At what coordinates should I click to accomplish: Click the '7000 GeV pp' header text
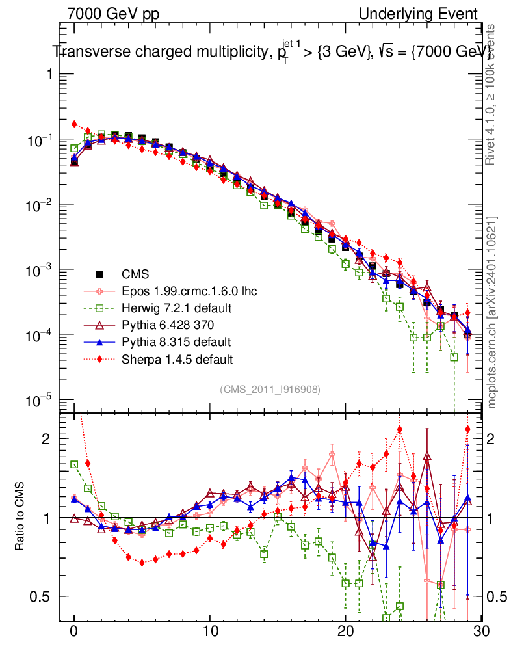tap(113, 14)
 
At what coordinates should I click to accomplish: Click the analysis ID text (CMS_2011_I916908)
tap(270, 389)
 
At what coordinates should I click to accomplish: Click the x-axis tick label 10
tap(210, 632)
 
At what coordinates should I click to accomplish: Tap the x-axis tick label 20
tap(345, 632)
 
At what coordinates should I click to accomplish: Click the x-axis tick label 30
tap(481, 632)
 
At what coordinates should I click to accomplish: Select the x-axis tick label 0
tap(74, 632)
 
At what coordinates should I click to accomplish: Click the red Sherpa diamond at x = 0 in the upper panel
tap(74, 124)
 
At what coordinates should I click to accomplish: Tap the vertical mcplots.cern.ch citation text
tap(492, 312)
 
